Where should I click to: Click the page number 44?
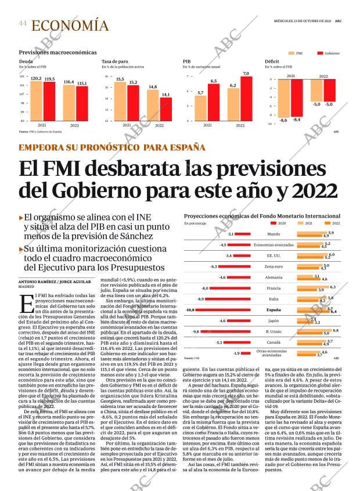click(x=23, y=23)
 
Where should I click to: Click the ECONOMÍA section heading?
click(x=70, y=25)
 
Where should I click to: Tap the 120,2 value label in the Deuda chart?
click(x=35, y=78)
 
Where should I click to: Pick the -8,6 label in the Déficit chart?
click(x=283, y=120)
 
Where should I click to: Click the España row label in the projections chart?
click(x=274, y=311)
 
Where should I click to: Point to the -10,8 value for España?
click(x=190, y=310)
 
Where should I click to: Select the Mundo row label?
click(x=273, y=234)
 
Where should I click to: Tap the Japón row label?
click(x=274, y=321)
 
